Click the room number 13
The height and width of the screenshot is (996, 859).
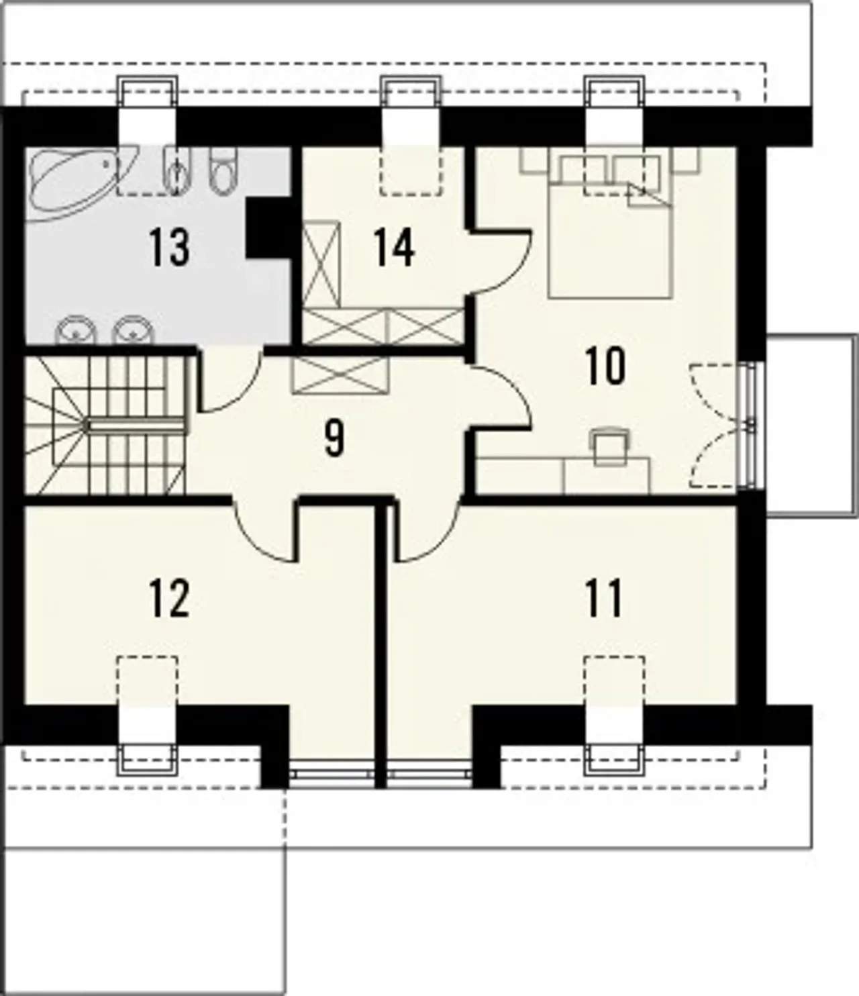(x=168, y=248)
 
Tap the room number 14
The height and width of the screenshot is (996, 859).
(x=394, y=248)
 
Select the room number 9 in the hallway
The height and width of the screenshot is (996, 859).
(x=334, y=438)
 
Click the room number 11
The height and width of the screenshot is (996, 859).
(x=603, y=598)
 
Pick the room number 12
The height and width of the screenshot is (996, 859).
(x=168, y=598)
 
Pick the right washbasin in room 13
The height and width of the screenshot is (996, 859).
(x=132, y=330)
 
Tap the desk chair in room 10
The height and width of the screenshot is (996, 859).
(x=611, y=446)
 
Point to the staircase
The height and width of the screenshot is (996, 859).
(x=105, y=425)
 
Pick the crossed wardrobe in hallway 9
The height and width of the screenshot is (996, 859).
(x=340, y=375)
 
